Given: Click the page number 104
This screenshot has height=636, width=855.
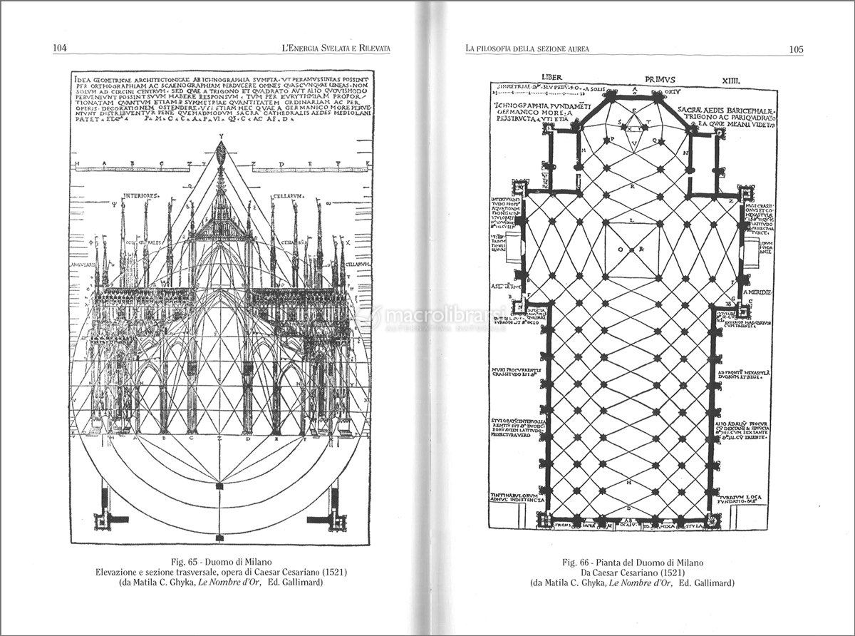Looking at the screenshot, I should (59, 48).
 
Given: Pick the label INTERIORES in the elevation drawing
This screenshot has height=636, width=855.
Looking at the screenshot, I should (139, 195).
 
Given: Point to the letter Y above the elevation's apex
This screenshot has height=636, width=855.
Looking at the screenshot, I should (222, 135).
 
